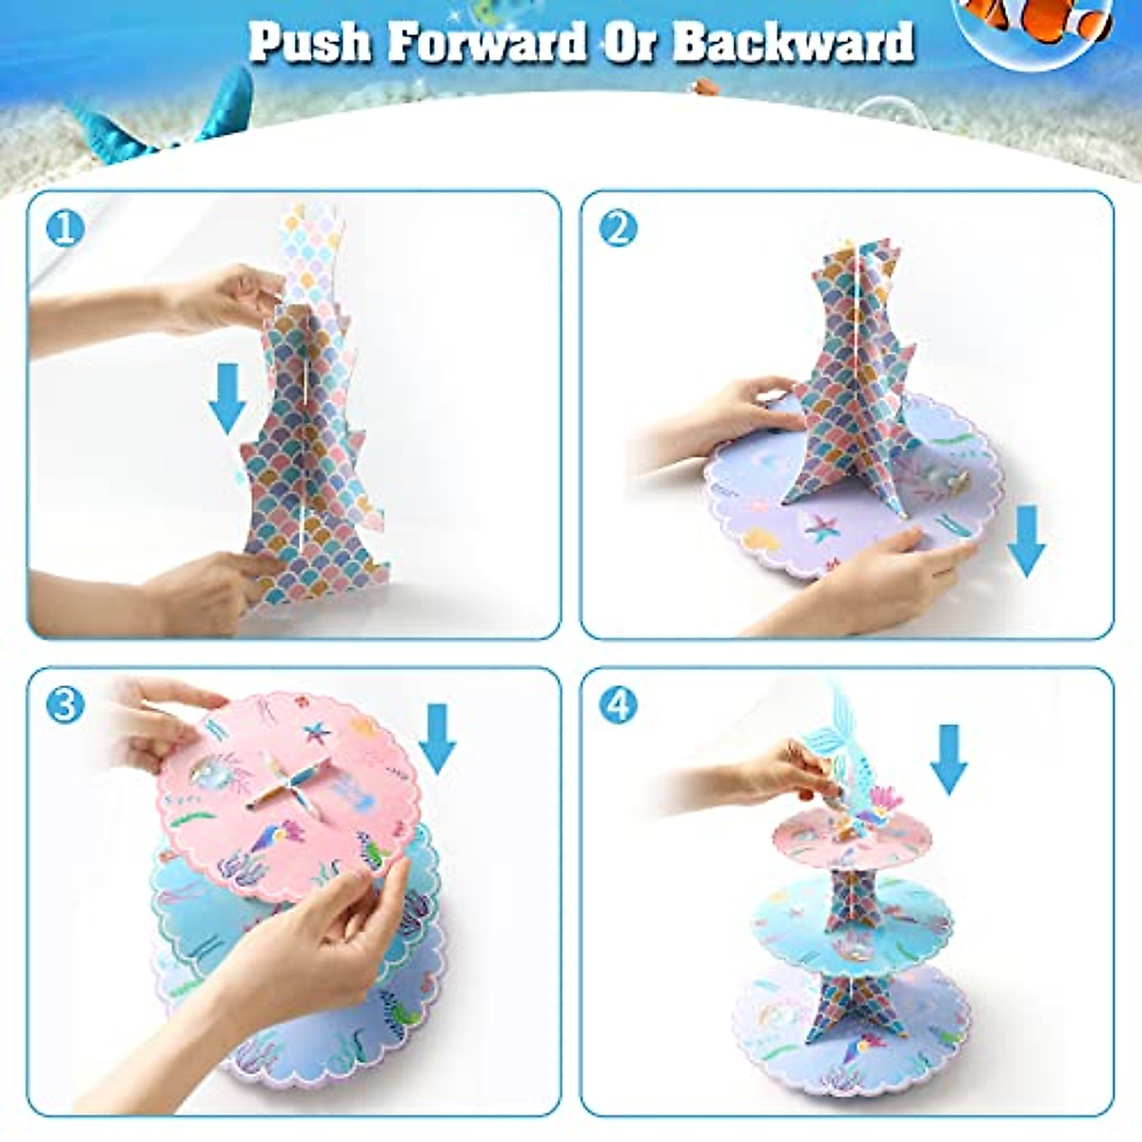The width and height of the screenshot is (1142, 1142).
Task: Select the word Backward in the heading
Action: [x=794, y=42]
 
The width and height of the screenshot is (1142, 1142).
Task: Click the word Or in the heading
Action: [x=632, y=42]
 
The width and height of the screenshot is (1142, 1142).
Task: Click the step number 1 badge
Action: [x=64, y=228]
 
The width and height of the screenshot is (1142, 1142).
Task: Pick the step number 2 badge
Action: [x=619, y=228]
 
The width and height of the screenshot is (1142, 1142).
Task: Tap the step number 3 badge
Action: [x=64, y=705]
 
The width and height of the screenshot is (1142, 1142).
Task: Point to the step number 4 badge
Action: [x=619, y=705]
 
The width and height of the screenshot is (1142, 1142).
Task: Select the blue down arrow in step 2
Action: [x=1026, y=540]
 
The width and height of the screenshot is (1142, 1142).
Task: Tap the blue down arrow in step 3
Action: [x=438, y=738]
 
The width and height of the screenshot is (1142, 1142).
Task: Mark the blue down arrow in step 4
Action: [x=949, y=758]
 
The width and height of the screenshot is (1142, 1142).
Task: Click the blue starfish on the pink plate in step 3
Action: [x=314, y=733]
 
